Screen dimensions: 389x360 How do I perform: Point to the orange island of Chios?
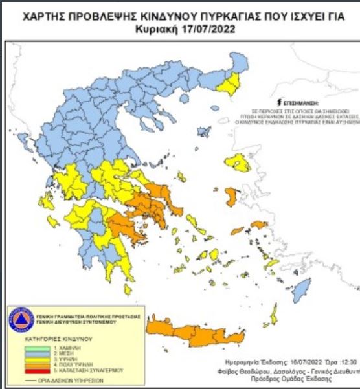(x=231, y=195)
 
